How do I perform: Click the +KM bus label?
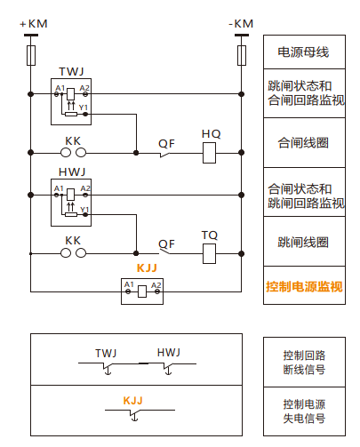click(34, 24)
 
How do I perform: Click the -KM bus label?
click(241, 24)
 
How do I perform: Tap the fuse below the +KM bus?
click(31, 55)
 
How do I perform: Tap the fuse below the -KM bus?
click(242, 55)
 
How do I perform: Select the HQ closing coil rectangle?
click(209, 153)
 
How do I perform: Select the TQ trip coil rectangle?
click(209, 253)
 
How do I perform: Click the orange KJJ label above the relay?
click(147, 268)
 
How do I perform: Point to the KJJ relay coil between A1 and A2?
click(142, 291)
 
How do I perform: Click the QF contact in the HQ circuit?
click(165, 155)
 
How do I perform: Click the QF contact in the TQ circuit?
click(165, 251)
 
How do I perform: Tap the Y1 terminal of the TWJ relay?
click(85, 114)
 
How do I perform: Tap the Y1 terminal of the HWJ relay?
click(85, 214)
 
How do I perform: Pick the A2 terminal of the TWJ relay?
click(85, 94)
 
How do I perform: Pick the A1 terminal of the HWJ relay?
click(57, 195)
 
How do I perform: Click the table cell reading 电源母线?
click(304, 52)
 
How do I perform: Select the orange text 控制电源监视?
click(304, 286)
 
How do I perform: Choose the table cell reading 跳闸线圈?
click(304, 242)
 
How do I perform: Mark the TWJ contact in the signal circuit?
click(107, 367)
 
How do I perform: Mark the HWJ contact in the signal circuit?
click(167, 368)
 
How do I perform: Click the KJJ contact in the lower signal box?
click(134, 414)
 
